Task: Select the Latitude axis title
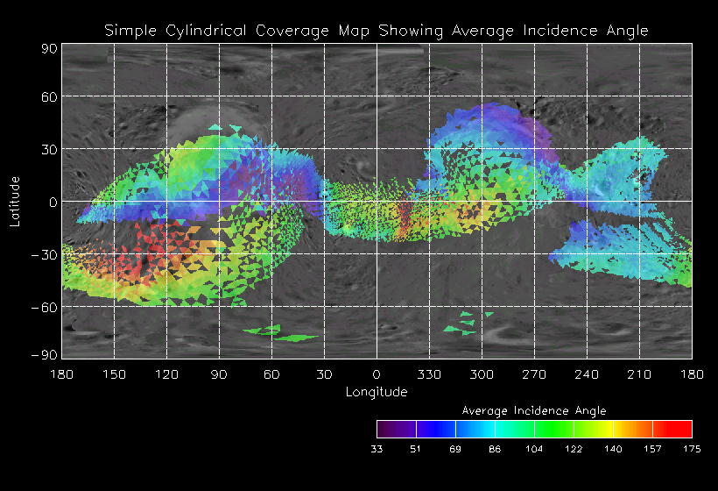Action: point(14,201)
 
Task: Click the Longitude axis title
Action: point(377,392)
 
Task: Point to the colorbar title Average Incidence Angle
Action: point(533,409)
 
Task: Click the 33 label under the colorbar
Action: point(377,448)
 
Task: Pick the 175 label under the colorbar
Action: point(692,448)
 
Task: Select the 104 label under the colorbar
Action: point(534,448)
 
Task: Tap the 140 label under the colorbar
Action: point(613,448)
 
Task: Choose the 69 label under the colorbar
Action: point(455,448)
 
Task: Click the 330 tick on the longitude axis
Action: point(429,374)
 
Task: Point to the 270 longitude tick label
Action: point(534,374)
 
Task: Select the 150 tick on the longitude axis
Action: point(114,374)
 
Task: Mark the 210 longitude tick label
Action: point(639,374)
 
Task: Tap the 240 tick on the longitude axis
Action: point(587,374)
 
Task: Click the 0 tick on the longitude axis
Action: point(377,374)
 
